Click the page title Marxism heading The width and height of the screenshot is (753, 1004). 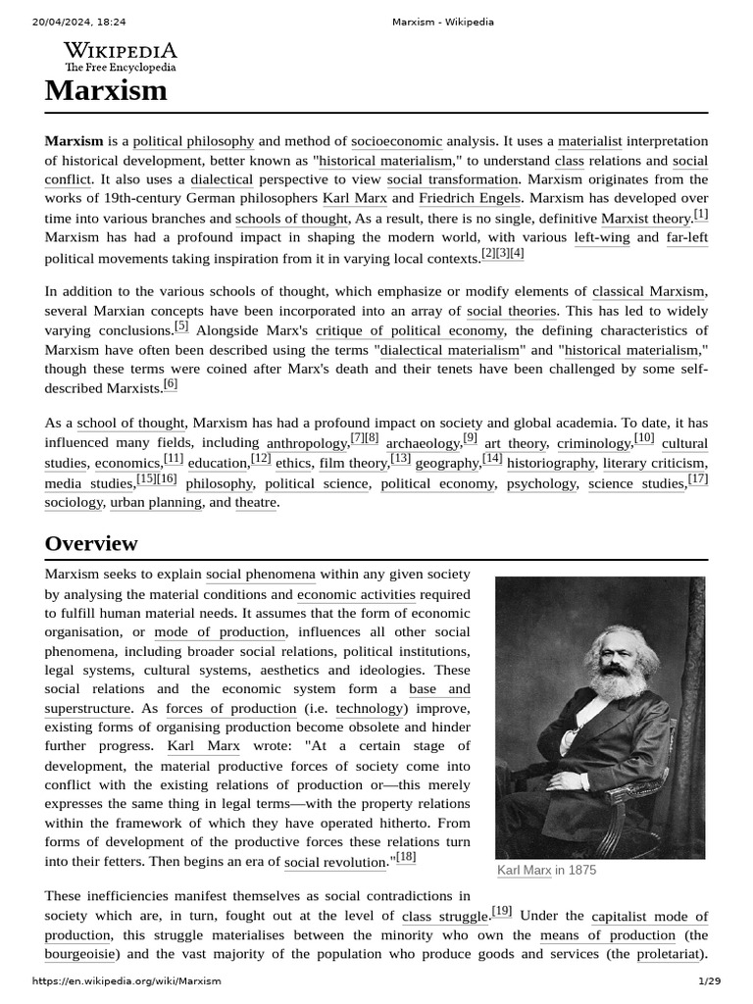coord(106,91)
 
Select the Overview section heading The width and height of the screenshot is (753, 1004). coord(91,543)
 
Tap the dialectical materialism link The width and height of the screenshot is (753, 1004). coord(451,350)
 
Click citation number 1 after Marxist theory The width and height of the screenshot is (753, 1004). coord(700,215)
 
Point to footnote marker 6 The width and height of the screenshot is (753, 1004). coord(171,384)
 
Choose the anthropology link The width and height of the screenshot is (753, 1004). coord(307,444)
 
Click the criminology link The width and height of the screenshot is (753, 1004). coord(593,444)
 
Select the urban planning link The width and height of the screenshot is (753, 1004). coord(155,503)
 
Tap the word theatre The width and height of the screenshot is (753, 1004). coord(256,503)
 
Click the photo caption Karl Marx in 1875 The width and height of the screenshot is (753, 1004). coord(546,870)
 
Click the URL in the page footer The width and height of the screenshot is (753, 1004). coord(126,980)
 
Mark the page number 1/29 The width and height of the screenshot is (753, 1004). coord(709,980)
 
